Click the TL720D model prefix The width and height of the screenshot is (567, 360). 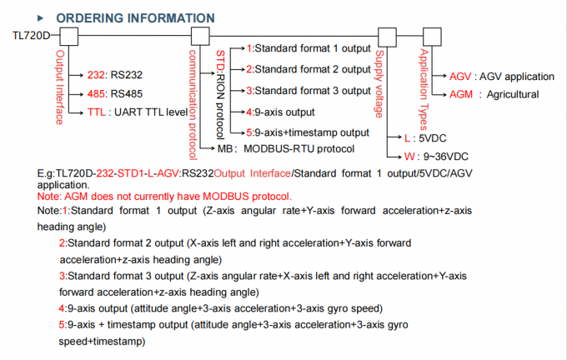[x=32, y=35]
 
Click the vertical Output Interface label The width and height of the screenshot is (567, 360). [x=60, y=88]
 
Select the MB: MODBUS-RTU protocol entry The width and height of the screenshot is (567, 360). [x=281, y=149]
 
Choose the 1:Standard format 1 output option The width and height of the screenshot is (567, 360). [x=309, y=50]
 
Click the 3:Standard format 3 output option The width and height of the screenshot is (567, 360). [x=309, y=90]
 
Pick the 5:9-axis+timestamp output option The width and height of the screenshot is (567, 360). [x=309, y=132]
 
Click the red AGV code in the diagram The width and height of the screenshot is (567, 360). [x=460, y=76]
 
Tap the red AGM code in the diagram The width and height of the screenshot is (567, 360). [x=461, y=94]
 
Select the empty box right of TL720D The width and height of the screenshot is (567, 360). [x=68, y=36]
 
